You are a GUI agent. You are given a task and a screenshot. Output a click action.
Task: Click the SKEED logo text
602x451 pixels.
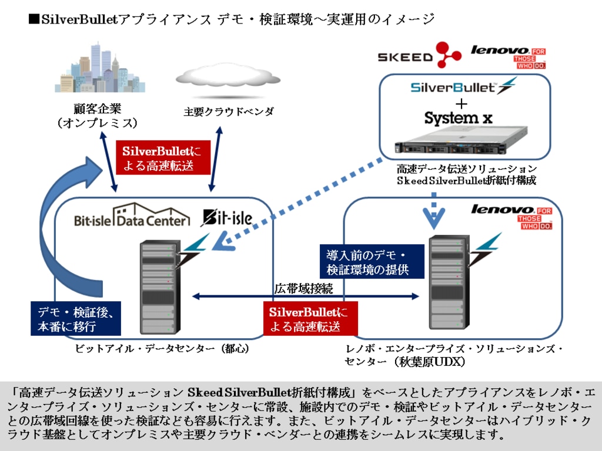pos(404,58)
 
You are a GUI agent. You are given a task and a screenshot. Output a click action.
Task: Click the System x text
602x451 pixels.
pos(458,117)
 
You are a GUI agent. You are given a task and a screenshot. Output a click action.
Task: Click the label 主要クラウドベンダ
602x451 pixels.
pos(228,112)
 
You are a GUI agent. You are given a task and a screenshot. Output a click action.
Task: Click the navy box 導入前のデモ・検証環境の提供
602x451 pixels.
pos(372,262)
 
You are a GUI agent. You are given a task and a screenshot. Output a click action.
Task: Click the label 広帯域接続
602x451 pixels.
pos(303,288)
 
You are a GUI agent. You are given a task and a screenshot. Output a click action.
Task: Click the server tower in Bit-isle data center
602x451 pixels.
pos(158,287)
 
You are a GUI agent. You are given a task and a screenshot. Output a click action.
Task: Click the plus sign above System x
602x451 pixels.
pos(462,103)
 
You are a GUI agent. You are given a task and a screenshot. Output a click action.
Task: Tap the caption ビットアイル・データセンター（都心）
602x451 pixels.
pos(162,349)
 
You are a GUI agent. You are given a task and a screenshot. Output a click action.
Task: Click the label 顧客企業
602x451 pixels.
pos(98,109)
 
